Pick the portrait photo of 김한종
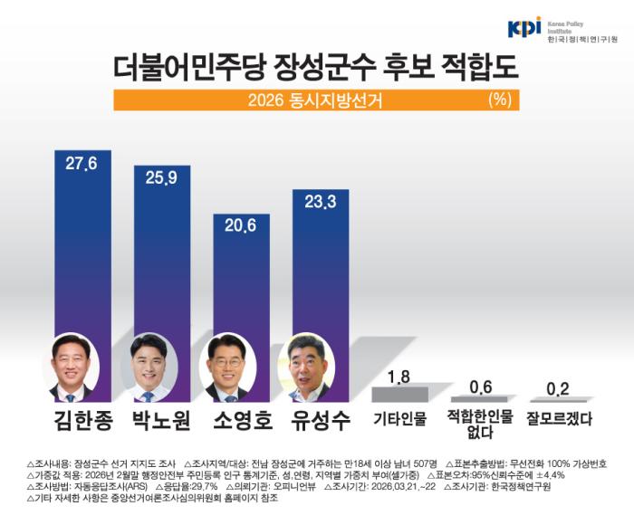[x=72, y=367]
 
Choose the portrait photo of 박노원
[x=149, y=367]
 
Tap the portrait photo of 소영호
[x=226, y=367]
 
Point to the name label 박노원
[x=159, y=420]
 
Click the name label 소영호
[x=238, y=420]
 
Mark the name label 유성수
[x=317, y=420]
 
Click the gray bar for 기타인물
[x=400, y=394]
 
